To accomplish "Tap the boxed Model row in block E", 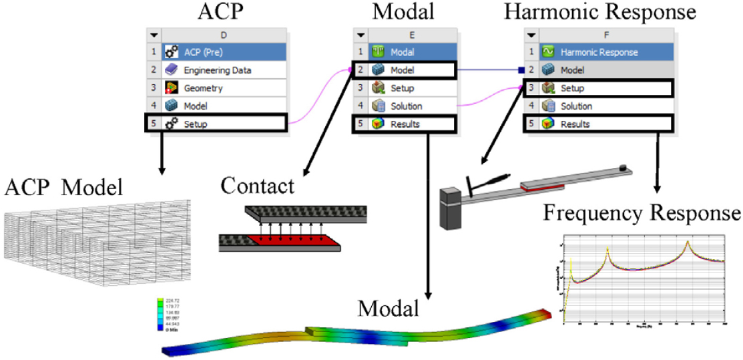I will click(x=403, y=69).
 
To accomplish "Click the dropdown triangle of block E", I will click(x=361, y=35).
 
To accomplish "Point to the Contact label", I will click(x=258, y=186).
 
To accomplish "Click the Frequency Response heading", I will click(x=641, y=213).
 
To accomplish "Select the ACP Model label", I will click(x=63, y=188).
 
